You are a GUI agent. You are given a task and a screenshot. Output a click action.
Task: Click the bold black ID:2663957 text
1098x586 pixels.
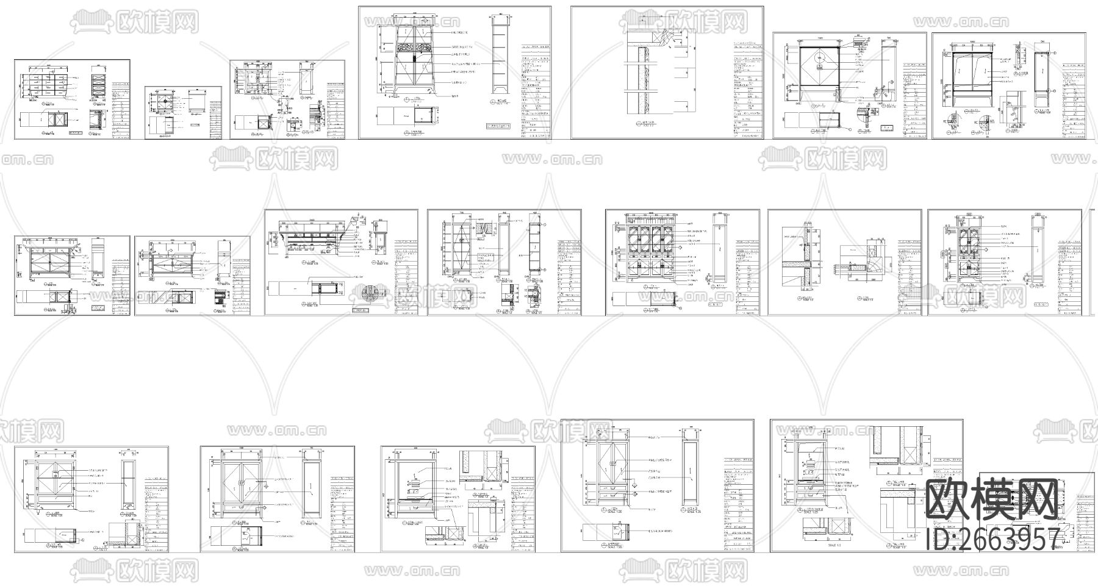(x=992, y=539)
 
